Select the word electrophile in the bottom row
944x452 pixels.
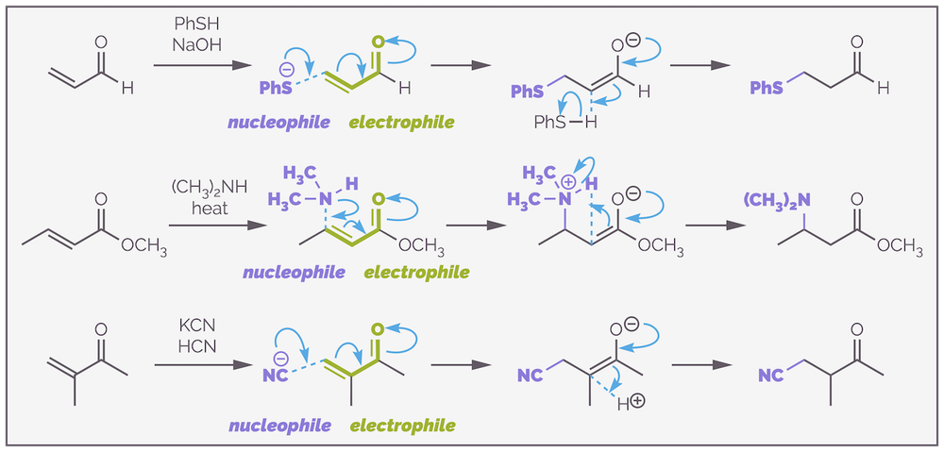tap(401, 426)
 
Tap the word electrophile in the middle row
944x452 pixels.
tap(415, 273)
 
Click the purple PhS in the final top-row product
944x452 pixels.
tap(766, 88)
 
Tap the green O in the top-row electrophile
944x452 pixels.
tap(378, 43)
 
